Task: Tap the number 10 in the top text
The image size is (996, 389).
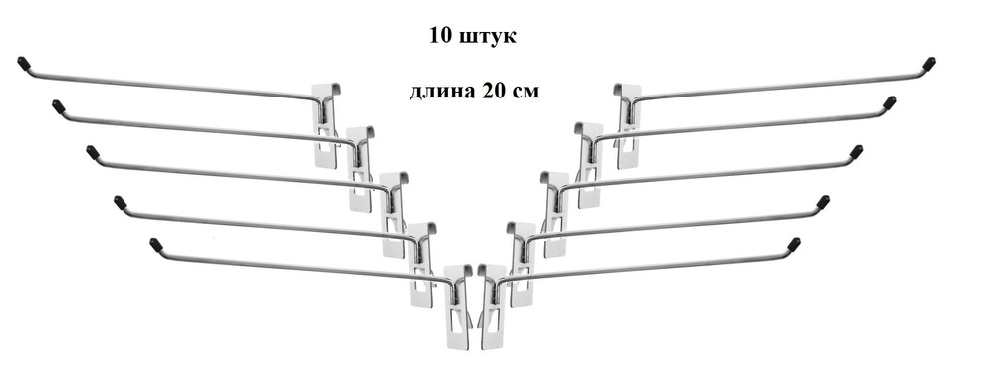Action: point(439,36)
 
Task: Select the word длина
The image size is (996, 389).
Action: point(442,91)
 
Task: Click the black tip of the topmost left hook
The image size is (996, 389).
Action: point(24,65)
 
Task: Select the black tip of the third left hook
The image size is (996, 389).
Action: point(93,152)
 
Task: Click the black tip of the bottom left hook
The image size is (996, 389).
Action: point(155,242)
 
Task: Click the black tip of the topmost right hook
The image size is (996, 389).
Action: point(929,65)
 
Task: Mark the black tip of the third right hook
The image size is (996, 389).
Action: point(856,152)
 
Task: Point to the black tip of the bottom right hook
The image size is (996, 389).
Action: point(794,242)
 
